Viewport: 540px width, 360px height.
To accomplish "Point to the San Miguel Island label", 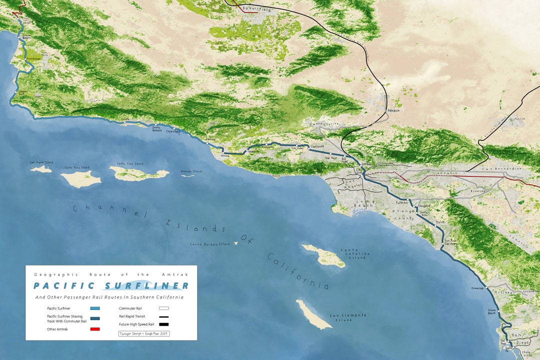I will coord(41,162).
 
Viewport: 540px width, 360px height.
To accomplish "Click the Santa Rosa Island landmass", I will coord(80,178).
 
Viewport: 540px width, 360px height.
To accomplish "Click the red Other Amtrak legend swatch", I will coord(95,328).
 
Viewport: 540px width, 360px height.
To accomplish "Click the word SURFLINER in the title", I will coord(145,286).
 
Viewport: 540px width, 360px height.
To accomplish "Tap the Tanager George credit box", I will coord(144,333).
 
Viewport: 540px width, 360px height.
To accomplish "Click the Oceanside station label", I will coord(477,288).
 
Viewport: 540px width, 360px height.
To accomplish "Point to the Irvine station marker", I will coord(436,226).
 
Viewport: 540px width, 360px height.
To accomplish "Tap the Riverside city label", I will coord(478,191).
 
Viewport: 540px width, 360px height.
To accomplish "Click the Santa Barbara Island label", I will coord(209,244).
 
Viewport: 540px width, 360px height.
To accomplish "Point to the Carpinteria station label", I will coord(173,131).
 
